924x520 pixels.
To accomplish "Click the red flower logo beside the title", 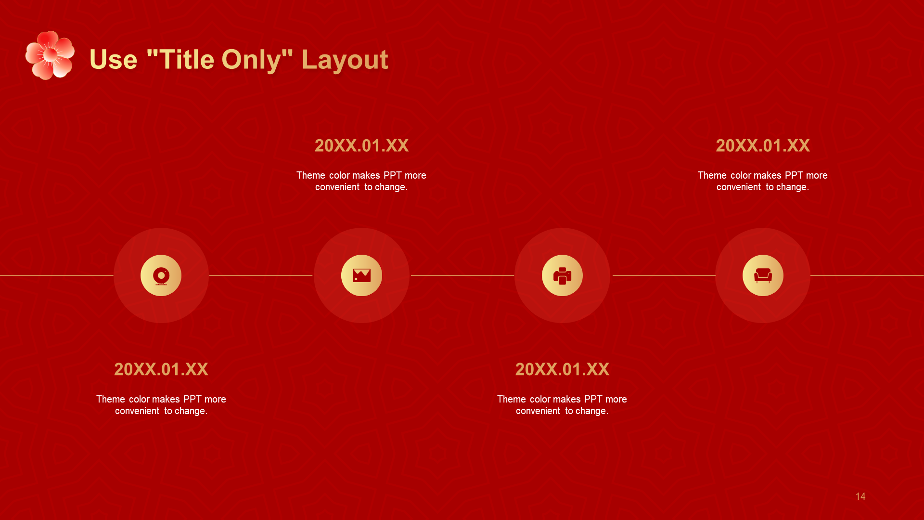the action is pyautogui.click(x=50, y=55).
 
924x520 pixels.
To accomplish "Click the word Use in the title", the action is pyautogui.click(x=114, y=60).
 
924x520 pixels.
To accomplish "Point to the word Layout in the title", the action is pyautogui.click(x=345, y=61).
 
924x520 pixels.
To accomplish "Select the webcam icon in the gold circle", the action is pyautogui.click(x=161, y=276).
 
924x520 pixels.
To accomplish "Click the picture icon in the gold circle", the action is pyautogui.click(x=361, y=275).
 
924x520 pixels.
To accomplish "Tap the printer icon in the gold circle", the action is pyautogui.click(x=562, y=276).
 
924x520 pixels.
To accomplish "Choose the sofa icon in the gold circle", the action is pyautogui.click(x=763, y=275).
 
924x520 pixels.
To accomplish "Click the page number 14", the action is pyautogui.click(x=860, y=496).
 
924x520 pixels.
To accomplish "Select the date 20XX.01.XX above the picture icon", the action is pyautogui.click(x=361, y=145).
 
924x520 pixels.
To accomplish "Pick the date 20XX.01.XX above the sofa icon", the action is pyautogui.click(x=763, y=145).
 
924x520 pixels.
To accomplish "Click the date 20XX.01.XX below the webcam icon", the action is pyautogui.click(x=161, y=369).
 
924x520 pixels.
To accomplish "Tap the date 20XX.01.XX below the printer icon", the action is pyautogui.click(x=562, y=369).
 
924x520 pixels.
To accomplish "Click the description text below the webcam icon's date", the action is pyautogui.click(x=161, y=405).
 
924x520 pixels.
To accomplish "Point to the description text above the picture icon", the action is pyautogui.click(x=361, y=181).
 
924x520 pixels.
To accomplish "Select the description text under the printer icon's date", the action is pyautogui.click(x=562, y=405).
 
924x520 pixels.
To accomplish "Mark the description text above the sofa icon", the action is pyautogui.click(x=763, y=181).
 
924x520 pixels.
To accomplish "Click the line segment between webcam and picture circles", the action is pyautogui.click(x=261, y=275).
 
